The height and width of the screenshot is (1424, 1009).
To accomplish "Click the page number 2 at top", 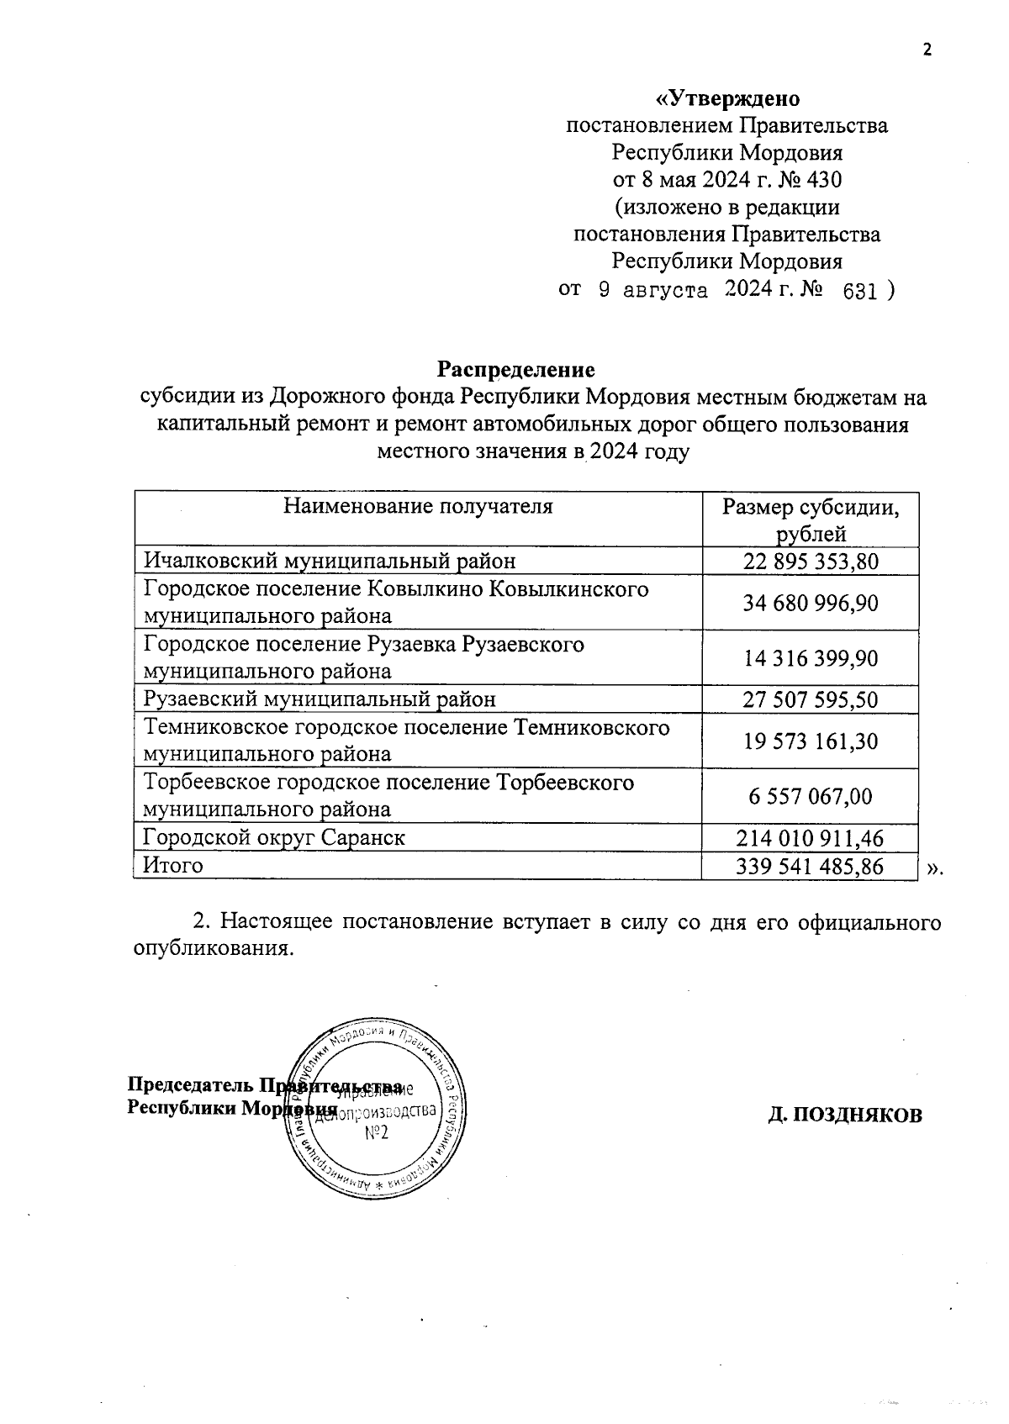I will click(x=927, y=50).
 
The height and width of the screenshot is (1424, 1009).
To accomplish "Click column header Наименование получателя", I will click(x=418, y=506).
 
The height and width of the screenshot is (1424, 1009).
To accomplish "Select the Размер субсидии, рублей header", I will click(x=811, y=519).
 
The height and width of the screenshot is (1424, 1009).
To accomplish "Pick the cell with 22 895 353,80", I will click(x=811, y=561).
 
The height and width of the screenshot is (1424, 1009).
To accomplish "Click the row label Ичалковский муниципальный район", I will click(x=330, y=561).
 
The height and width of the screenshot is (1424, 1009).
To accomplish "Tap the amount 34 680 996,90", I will click(x=811, y=603).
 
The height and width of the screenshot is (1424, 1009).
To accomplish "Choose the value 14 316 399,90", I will click(x=811, y=657).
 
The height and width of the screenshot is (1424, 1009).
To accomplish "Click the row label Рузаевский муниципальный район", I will click(x=320, y=699).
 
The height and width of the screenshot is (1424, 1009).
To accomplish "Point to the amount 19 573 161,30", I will click(x=811, y=741).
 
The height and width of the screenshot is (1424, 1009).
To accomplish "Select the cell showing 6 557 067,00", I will click(x=811, y=795).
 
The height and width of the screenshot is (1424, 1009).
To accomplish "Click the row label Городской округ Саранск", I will click(x=274, y=837).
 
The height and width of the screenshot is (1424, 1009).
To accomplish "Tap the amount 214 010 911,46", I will click(x=811, y=838).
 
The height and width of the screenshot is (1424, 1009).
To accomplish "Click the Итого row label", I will click(x=173, y=865).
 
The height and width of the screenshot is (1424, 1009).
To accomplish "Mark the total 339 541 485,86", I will click(x=811, y=866).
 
